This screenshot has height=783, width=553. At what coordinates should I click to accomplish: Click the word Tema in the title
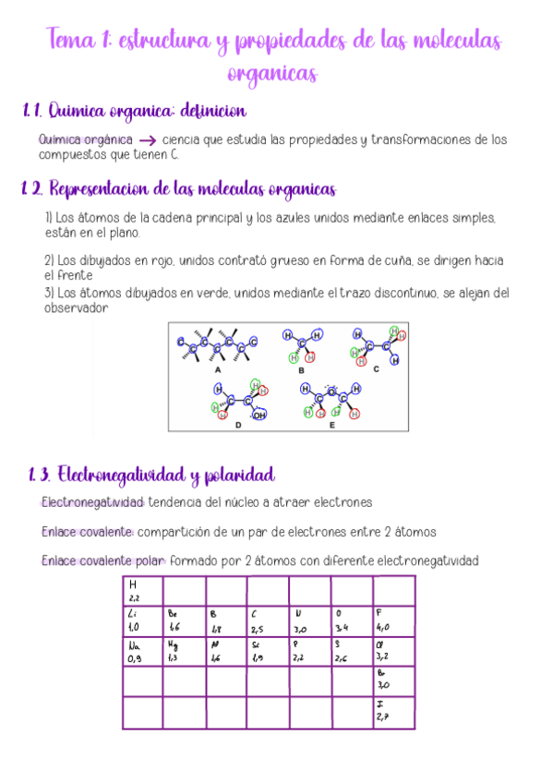(x=70, y=41)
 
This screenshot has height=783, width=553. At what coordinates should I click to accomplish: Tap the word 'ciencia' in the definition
(x=181, y=139)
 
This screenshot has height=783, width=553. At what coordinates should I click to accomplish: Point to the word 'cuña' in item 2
(x=391, y=260)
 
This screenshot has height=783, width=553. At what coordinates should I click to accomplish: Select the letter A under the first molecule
(x=218, y=369)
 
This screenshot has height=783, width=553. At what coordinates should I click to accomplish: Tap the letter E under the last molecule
(x=331, y=426)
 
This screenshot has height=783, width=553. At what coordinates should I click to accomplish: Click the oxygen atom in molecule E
(x=331, y=389)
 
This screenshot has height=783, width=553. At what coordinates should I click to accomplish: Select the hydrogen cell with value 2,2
(x=142, y=591)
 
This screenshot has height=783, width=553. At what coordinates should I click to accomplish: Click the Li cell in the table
(x=142, y=620)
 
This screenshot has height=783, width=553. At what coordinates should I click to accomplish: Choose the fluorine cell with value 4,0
(x=393, y=620)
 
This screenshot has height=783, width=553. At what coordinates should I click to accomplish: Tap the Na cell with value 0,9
(x=142, y=651)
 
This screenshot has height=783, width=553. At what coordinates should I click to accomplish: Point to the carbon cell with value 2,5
(x=268, y=620)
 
